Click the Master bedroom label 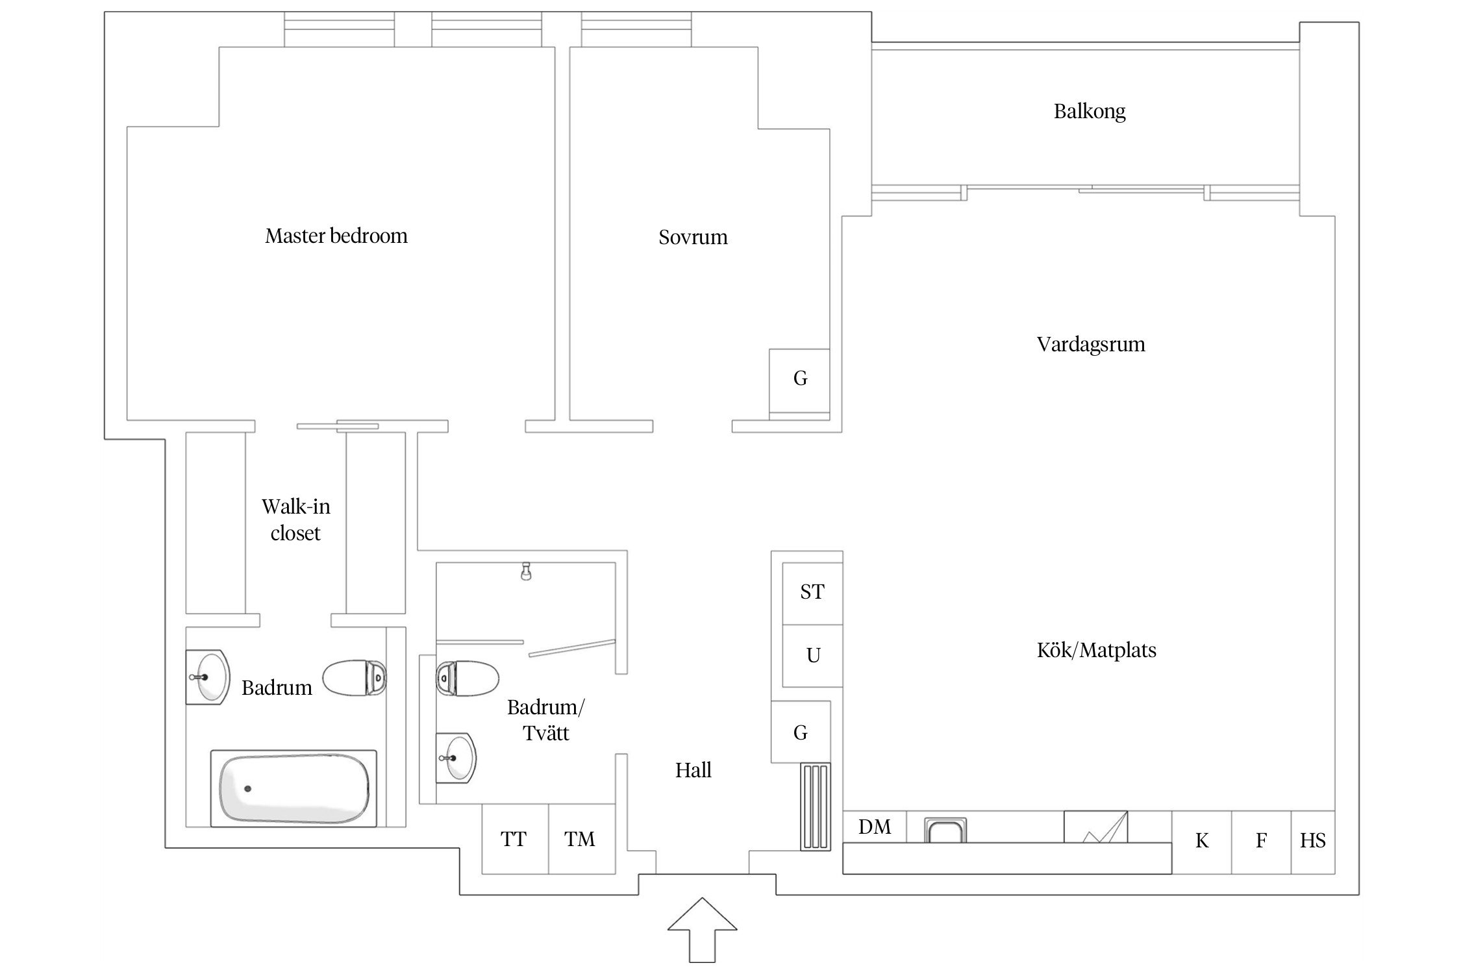pyautogui.click(x=336, y=235)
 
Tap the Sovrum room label pyautogui.click(x=693, y=237)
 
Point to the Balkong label pyautogui.click(x=1090, y=111)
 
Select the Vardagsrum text pyautogui.click(x=1091, y=343)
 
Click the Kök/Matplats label pyautogui.click(x=1096, y=650)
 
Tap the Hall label pyautogui.click(x=693, y=770)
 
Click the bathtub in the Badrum pyautogui.click(x=293, y=788)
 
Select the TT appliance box pyautogui.click(x=514, y=840)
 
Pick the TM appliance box pyautogui.click(x=581, y=840)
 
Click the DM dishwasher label pyautogui.click(x=874, y=827)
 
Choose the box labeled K pyautogui.click(x=1201, y=842)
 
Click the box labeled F pyautogui.click(x=1261, y=842)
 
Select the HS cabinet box pyautogui.click(x=1312, y=842)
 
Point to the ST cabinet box pyautogui.click(x=812, y=592)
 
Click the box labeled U pyautogui.click(x=812, y=655)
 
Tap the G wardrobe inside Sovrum pyautogui.click(x=799, y=379)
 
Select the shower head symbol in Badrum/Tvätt pyautogui.click(x=526, y=571)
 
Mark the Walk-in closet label pyautogui.click(x=295, y=519)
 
